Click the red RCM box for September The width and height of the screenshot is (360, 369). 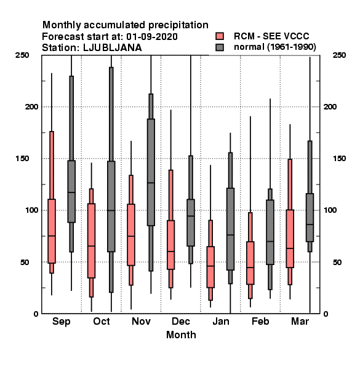click(52, 231)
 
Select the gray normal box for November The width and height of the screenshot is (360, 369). click(151, 172)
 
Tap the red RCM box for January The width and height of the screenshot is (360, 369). click(210, 267)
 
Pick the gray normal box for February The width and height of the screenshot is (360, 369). click(270, 232)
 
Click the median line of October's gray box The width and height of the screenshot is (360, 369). click(111, 210)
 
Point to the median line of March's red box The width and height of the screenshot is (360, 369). click(290, 248)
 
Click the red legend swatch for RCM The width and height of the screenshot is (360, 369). click(220, 36)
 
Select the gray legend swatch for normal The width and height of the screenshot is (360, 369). click(220, 47)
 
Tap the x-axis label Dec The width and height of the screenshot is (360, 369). click(181, 321)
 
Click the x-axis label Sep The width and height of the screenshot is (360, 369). click(61, 322)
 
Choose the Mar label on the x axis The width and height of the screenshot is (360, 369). click(300, 321)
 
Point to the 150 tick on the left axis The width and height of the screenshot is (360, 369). click(22, 159)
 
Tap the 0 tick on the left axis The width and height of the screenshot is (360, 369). click(36, 314)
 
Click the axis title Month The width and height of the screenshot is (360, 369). click(181, 335)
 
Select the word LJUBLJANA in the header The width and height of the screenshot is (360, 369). click(113, 48)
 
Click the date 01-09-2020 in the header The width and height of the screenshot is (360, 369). click(152, 37)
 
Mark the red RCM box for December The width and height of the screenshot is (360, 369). click(170, 245)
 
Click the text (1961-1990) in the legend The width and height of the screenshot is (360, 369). click(292, 47)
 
